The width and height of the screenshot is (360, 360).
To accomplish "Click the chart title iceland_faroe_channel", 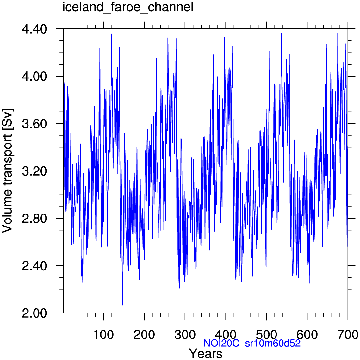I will (127, 7).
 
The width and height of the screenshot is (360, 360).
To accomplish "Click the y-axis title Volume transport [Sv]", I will (8, 171).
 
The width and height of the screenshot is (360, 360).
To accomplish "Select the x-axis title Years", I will (206, 353).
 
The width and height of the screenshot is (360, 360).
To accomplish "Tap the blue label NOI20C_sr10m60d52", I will (252, 343).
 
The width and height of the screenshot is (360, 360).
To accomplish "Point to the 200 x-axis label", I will (144, 334).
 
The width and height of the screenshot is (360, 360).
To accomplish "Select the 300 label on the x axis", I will (185, 334).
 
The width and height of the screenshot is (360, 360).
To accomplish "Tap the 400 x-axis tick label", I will (226, 334).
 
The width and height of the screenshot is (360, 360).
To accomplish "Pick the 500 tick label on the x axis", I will (266, 334).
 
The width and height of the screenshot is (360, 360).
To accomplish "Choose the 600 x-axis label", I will (307, 334).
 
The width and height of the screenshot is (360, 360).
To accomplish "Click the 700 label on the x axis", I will (348, 334).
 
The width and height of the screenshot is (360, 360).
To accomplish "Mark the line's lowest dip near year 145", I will (122, 305).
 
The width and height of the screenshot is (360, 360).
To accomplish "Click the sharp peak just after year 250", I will (168, 38).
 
